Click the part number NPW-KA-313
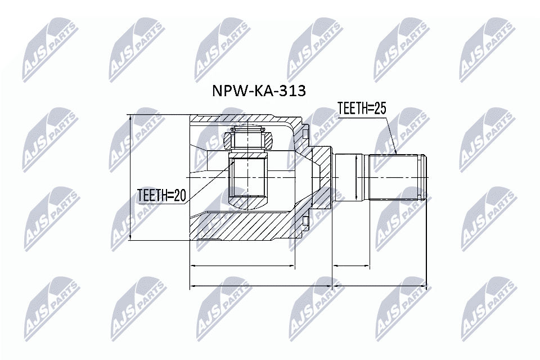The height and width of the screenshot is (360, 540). [x=258, y=91]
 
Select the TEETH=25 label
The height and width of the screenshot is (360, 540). [x=361, y=109]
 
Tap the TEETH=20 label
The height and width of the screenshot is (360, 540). [x=161, y=195]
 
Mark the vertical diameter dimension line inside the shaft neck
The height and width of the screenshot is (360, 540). [x=357, y=177]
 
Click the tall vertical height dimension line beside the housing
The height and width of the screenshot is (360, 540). [x=130, y=178]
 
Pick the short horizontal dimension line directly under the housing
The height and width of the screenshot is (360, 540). [x=242, y=265]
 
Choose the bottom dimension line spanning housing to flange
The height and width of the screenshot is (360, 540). [x=262, y=286]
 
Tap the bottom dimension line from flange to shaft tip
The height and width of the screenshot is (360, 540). [x=380, y=286]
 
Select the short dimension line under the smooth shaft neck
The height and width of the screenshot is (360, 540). [x=351, y=265]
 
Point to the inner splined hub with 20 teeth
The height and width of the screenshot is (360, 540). [x=248, y=180]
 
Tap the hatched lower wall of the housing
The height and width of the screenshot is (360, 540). [x=242, y=228]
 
